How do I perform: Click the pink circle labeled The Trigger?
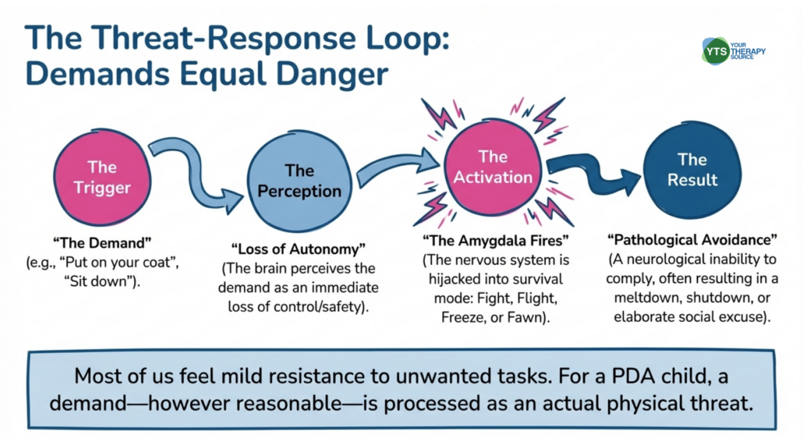tap(101, 178)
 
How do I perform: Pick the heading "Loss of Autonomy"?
tap(299, 249)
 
